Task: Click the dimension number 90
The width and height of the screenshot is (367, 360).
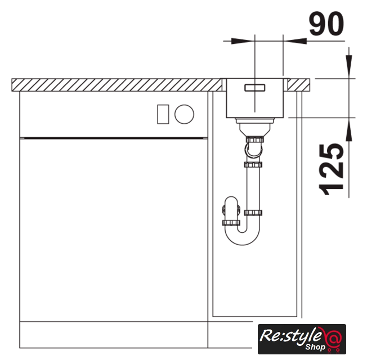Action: coord(326,24)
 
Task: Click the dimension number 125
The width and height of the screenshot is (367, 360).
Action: coord(331,169)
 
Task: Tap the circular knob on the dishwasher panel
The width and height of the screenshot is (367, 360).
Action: coord(184,114)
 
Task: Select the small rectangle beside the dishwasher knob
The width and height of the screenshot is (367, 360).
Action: coord(163,114)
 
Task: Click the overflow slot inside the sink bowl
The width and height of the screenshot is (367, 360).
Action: coord(254,88)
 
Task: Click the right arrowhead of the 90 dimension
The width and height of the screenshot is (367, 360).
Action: coord(295,41)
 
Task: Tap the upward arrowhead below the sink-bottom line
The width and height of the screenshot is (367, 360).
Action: coord(349,129)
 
